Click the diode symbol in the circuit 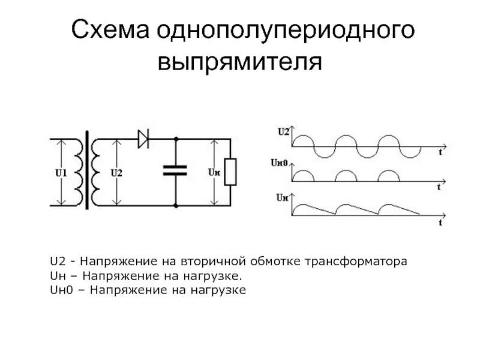[144, 139]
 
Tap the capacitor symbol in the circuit [176, 170]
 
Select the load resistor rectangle [230, 172]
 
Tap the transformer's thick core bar [88, 170]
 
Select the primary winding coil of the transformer [79, 171]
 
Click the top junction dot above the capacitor [176, 139]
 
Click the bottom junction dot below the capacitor [176, 206]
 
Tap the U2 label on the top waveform [283, 131]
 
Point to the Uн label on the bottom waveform [282, 197]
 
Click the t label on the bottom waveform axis [440, 223]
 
